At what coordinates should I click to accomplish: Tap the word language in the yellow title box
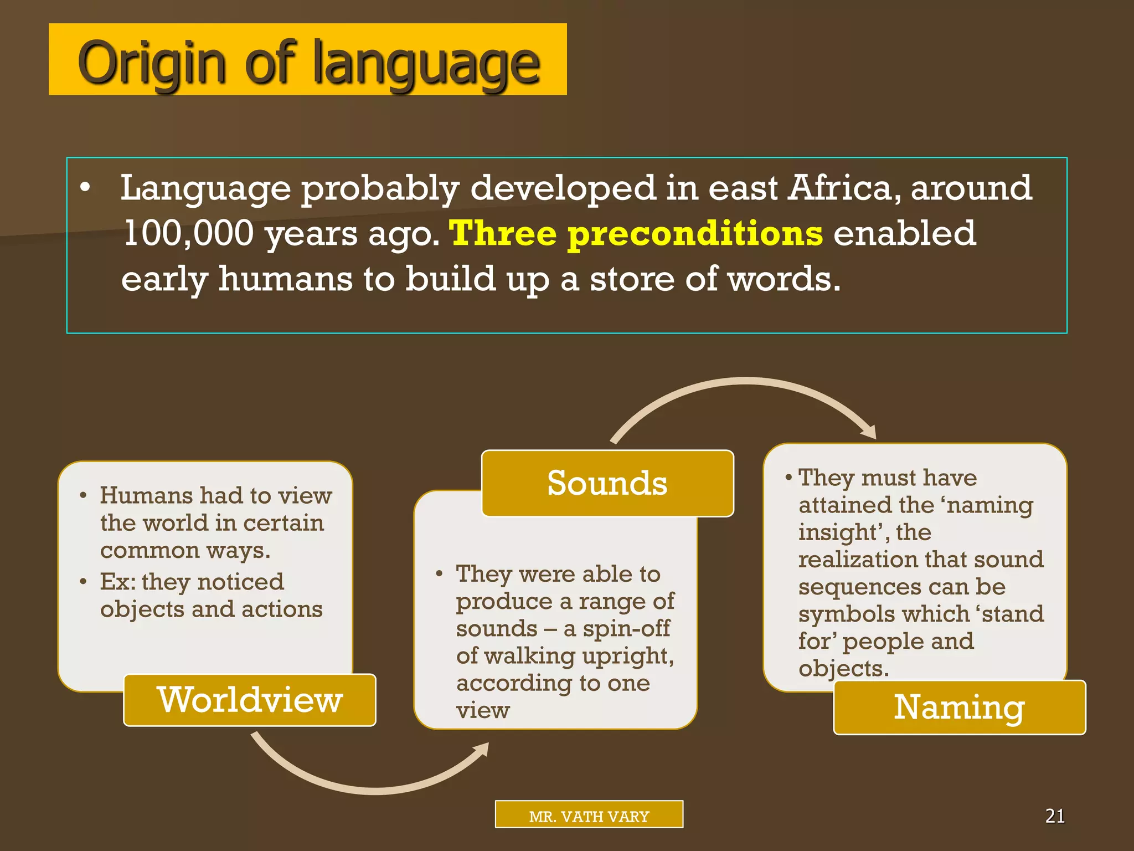(x=426, y=64)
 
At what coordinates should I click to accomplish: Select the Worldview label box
(x=250, y=700)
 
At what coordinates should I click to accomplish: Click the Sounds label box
(x=607, y=483)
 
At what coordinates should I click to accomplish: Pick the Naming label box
(x=959, y=708)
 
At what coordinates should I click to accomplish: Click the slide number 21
(x=1055, y=816)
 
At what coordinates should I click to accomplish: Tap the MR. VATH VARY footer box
(x=589, y=814)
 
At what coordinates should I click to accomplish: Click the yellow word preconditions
(x=695, y=234)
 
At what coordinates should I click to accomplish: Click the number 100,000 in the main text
(x=188, y=233)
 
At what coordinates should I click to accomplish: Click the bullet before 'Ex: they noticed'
(x=83, y=582)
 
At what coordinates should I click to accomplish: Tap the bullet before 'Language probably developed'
(x=85, y=188)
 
